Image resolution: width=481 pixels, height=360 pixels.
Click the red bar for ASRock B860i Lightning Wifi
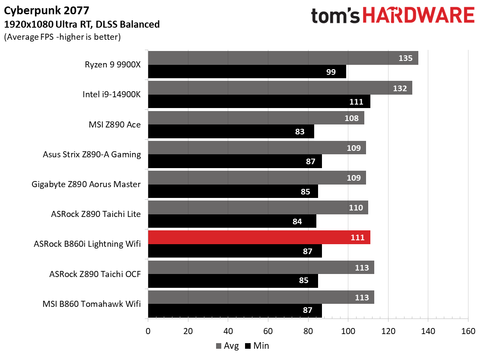(x=259, y=237)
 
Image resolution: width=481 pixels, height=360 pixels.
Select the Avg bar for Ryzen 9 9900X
(x=283, y=58)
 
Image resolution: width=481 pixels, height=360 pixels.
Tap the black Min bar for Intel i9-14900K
(x=259, y=102)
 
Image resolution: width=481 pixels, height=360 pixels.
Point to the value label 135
(x=405, y=58)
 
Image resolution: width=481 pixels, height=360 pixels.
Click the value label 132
(x=400, y=88)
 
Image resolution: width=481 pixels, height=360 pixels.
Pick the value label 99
(x=331, y=72)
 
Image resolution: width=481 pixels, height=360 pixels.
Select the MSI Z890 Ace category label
(x=115, y=124)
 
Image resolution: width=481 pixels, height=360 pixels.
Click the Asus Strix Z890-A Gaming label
(x=92, y=154)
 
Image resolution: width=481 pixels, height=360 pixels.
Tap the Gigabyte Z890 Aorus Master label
(x=86, y=184)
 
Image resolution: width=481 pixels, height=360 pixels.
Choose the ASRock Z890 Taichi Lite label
(x=96, y=214)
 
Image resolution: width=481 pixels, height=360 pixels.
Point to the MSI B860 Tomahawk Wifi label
(x=92, y=304)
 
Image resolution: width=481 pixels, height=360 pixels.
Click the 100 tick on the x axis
(x=348, y=331)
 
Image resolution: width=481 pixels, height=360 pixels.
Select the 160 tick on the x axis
(x=468, y=331)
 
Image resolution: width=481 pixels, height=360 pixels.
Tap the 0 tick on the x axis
(x=148, y=331)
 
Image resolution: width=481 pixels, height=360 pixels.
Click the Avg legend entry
(x=227, y=346)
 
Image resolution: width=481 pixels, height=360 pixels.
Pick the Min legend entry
(x=257, y=346)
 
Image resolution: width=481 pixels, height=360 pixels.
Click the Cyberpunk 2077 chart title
(x=46, y=11)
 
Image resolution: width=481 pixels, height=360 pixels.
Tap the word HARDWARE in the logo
(x=419, y=15)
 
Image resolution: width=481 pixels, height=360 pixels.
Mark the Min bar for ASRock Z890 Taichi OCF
(x=233, y=281)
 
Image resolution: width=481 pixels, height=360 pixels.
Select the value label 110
(x=356, y=207)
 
